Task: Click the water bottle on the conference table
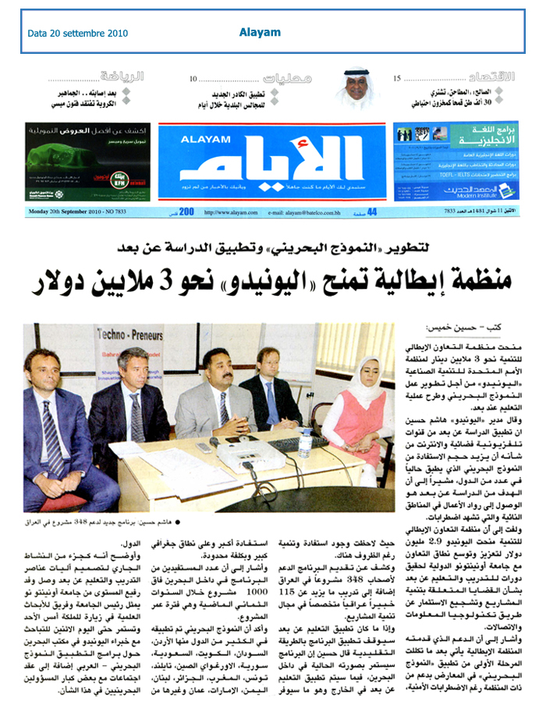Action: click(305, 443)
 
